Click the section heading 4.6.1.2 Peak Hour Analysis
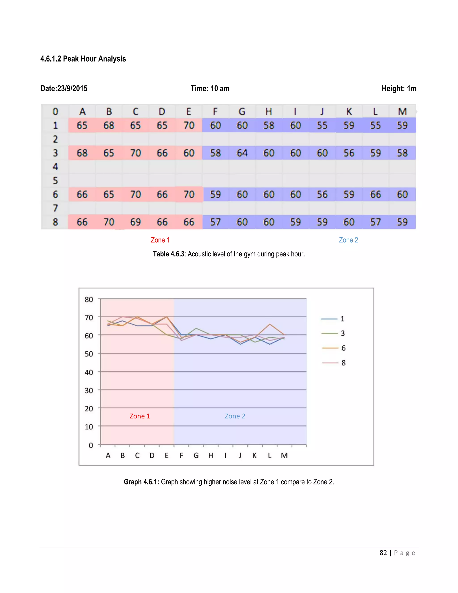coord(83,59)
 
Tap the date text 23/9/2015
coord(72,89)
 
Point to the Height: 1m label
coord(399,89)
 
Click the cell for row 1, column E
coord(189,126)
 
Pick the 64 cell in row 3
coord(242,153)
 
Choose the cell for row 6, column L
coord(375,194)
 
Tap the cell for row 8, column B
coord(109,222)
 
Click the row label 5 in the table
coord(55,181)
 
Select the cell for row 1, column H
coord(269,126)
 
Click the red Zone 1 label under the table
coord(160,240)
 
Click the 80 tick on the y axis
coord(89,299)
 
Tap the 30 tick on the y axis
coord(89,390)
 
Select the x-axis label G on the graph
coord(196,455)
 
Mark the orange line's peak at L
coord(270,324)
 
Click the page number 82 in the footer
coord(383,553)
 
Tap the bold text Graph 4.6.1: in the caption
coord(141,482)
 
